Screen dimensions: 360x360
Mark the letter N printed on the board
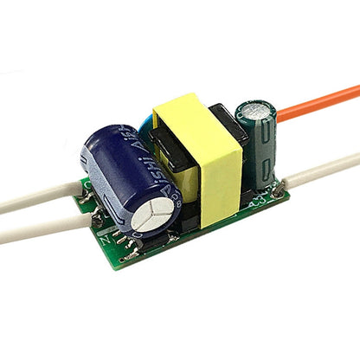point(105,233)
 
